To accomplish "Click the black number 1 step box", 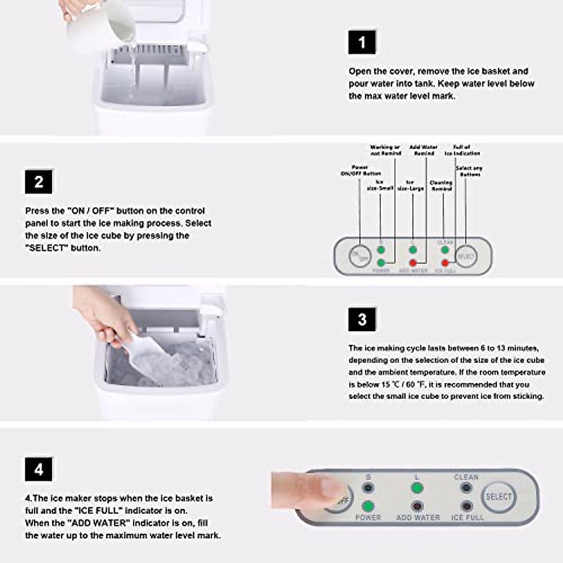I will pos(362,42).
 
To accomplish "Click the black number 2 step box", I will pos(38,182).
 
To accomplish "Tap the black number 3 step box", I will pos(362,320).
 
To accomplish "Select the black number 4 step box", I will pos(38,469).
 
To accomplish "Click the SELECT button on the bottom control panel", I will pos(498,496).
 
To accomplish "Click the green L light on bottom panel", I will pos(417,488).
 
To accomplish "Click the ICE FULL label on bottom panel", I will pos(467,517).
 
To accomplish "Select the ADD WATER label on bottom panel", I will pos(418,517).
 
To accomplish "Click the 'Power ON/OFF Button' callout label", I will pos(360,170).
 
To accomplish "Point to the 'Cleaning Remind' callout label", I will pos(441,186).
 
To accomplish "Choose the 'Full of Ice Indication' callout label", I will pos(462,150).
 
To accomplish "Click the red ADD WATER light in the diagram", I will pos(413,263).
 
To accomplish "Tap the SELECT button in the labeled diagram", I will pos(466,256).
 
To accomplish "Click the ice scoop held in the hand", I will pos(145,357).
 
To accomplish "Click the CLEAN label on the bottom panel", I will pos(466,477).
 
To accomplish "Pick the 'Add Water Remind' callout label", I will pos(424,150).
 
